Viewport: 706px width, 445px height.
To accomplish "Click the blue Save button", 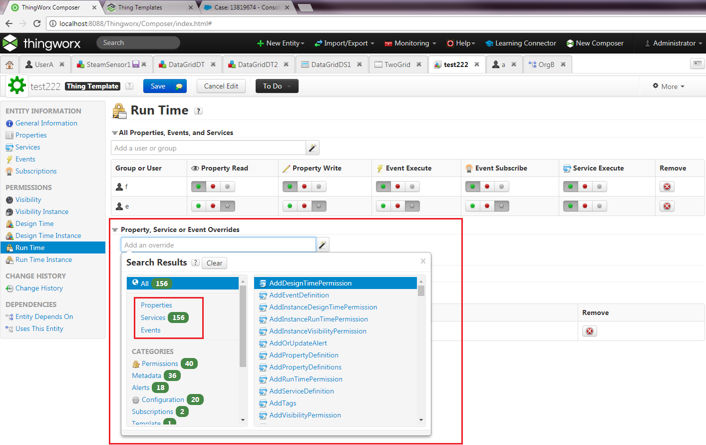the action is (x=158, y=86).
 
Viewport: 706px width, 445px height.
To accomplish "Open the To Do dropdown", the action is (x=277, y=86).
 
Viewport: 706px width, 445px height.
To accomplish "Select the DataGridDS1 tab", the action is (x=331, y=64).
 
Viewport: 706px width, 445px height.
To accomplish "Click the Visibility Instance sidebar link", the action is (x=42, y=212).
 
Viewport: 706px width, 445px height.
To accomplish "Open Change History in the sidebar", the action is (x=39, y=288).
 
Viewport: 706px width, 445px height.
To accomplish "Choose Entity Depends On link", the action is (x=44, y=316).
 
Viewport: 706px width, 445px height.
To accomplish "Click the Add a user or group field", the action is (x=208, y=148).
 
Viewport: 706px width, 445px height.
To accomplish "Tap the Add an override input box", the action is (x=218, y=245).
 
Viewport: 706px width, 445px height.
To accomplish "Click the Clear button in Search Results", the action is (x=214, y=263).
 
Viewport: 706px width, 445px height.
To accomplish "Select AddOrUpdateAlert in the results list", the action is (x=298, y=343).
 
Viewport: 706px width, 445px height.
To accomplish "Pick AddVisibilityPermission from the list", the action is (x=305, y=415).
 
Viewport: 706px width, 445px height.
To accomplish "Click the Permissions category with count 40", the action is (x=165, y=363).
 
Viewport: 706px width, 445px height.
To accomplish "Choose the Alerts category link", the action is (x=141, y=387).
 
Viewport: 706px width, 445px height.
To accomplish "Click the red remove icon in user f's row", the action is (x=667, y=186).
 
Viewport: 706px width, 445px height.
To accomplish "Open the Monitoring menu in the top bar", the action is (x=411, y=43).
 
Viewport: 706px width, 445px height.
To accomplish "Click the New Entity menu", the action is (x=281, y=43).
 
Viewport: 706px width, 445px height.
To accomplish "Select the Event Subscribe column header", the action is (x=501, y=168).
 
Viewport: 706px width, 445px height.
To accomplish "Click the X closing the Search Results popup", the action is (x=423, y=261).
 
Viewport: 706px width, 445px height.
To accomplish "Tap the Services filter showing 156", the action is (x=165, y=317).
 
